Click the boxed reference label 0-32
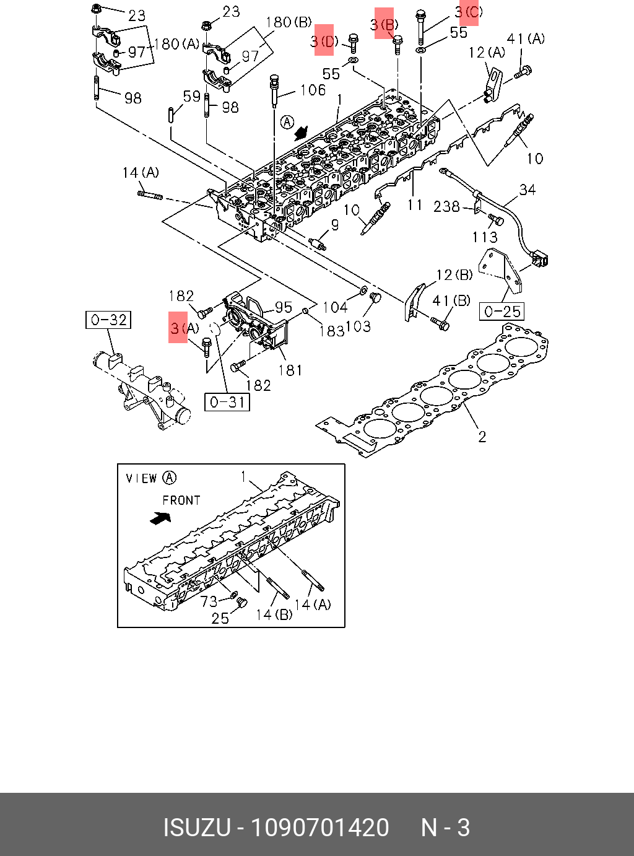[x=108, y=320]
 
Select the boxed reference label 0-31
[x=227, y=402]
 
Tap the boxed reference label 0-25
[x=502, y=311]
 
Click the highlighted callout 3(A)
[x=184, y=328]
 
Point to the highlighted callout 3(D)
[x=324, y=41]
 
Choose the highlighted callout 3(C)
[x=469, y=12]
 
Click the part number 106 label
[x=313, y=90]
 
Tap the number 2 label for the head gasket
[x=482, y=437]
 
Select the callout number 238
[x=446, y=206]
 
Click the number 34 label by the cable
[x=528, y=190]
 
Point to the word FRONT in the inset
[x=181, y=500]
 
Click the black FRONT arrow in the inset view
[x=160, y=517]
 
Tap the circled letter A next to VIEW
[x=169, y=478]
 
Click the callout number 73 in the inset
[x=209, y=601]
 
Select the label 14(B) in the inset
[x=274, y=614]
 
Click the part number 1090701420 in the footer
[x=319, y=828]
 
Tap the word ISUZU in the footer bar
[x=197, y=828]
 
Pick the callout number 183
[x=331, y=331]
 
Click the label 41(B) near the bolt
[x=452, y=301]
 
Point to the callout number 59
[x=191, y=97]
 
